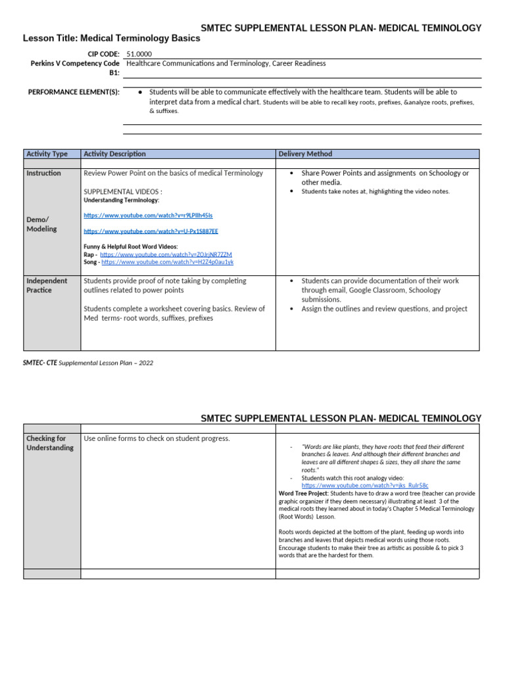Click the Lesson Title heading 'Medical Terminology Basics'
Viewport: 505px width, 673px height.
(x=111, y=39)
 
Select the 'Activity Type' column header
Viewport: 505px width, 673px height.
(x=47, y=154)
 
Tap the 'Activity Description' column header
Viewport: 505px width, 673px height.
(x=115, y=154)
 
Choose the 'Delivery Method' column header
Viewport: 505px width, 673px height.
(x=305, y=154)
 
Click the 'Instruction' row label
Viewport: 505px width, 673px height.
(x=44, y=174)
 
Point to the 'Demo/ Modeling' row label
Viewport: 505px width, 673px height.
(x=41, y=224)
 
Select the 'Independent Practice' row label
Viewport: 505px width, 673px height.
(x=47, y=285)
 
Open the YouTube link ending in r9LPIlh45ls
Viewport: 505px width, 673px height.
(x=148, y=216)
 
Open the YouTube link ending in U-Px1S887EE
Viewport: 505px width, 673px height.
(x=151, y=231)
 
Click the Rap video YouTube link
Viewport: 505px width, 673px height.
(x=166, y=254)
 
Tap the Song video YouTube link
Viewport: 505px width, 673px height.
(x=167, y=262)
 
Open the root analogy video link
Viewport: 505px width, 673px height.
(x=364, y=485)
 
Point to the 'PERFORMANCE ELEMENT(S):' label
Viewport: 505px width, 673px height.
(x=74, y=93)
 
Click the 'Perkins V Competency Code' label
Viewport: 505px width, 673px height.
(x=75, y=64)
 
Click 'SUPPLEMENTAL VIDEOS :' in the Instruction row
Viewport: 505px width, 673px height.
(x=123, y=191)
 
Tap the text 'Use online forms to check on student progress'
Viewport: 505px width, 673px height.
(x=156, y=438)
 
